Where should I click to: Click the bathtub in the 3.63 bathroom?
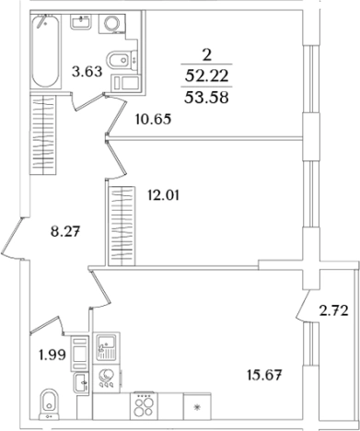46,51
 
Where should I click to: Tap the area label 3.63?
87,72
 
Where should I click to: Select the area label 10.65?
153,119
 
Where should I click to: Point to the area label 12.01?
163,195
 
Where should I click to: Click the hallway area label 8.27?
65,231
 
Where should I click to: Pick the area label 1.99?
52,355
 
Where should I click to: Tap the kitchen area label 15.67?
264,375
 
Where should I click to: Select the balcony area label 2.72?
334,311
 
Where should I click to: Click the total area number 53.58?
206,98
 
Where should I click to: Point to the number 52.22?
206,76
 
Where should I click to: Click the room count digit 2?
207,55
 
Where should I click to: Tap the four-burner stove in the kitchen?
145,406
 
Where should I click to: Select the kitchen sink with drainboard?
106,347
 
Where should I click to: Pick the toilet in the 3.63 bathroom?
122,59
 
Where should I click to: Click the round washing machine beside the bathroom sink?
111,23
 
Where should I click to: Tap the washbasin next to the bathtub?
81,21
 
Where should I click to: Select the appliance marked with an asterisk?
197,406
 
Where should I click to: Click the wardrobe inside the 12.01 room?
122,226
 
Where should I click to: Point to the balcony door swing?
303,305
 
